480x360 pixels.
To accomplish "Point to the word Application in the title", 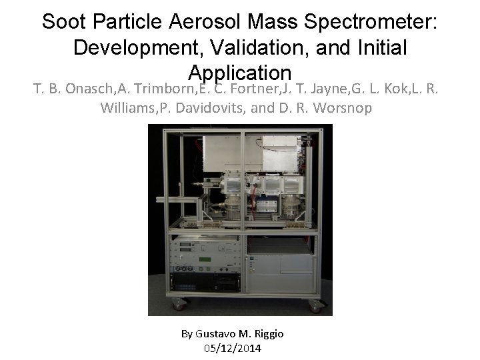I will [240, 72].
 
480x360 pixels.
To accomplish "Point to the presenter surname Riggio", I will [268, 333].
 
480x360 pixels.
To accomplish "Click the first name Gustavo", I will [216, 333].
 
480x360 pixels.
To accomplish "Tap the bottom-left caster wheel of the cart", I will [178, 306].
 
